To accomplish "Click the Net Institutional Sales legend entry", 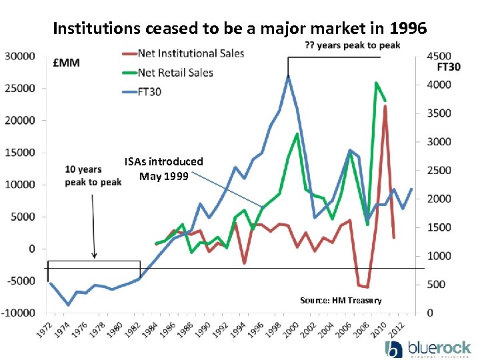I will (190, 53).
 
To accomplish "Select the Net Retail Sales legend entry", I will (175, 72).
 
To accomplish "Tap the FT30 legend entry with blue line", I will (149, 91).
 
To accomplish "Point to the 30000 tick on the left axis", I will (21, 56).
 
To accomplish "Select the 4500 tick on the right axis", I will (438, 56).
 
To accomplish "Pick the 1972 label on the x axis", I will (45, 329).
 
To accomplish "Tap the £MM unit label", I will (67, 63).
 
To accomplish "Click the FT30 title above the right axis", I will (448, 67).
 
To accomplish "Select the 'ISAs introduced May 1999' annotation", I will (163, 169).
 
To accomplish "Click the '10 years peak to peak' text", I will (93, 176).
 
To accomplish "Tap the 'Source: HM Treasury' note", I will (341, 300).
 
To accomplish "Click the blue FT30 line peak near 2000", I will (288, 77).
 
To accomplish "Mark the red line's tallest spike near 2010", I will (385, 107).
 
